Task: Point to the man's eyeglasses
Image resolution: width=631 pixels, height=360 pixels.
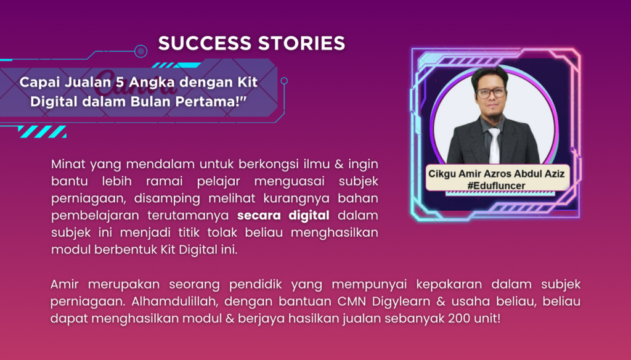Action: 491,93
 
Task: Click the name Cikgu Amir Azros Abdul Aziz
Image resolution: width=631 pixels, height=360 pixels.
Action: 496,173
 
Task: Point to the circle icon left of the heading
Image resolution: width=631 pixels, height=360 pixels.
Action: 140,51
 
